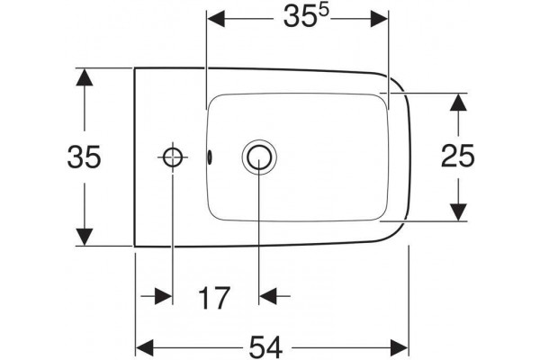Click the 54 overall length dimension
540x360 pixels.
[265, 347]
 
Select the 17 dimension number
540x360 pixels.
[214, 298]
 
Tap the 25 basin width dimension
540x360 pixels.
[458, 156]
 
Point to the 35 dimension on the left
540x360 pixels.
[84, 157]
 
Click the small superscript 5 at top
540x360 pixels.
[323, 11]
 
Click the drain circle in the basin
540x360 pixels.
[259, 157]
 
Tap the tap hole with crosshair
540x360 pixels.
[173, 157]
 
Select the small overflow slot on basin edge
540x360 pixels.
[209, 157]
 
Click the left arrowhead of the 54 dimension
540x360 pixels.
[145, 347]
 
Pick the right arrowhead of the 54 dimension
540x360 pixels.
[399, 347]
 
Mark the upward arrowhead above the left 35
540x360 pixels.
[85, 77]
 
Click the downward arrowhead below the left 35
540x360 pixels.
[85, 237]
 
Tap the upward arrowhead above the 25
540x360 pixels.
[458, 102]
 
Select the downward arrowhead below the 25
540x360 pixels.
[458, 212]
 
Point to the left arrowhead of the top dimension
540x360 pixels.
[216, 19]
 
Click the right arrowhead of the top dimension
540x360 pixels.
[379, 19]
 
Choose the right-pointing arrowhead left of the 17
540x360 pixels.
[163, 296]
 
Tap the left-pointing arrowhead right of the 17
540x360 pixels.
[268, 296]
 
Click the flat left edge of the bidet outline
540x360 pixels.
[135, 157]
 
